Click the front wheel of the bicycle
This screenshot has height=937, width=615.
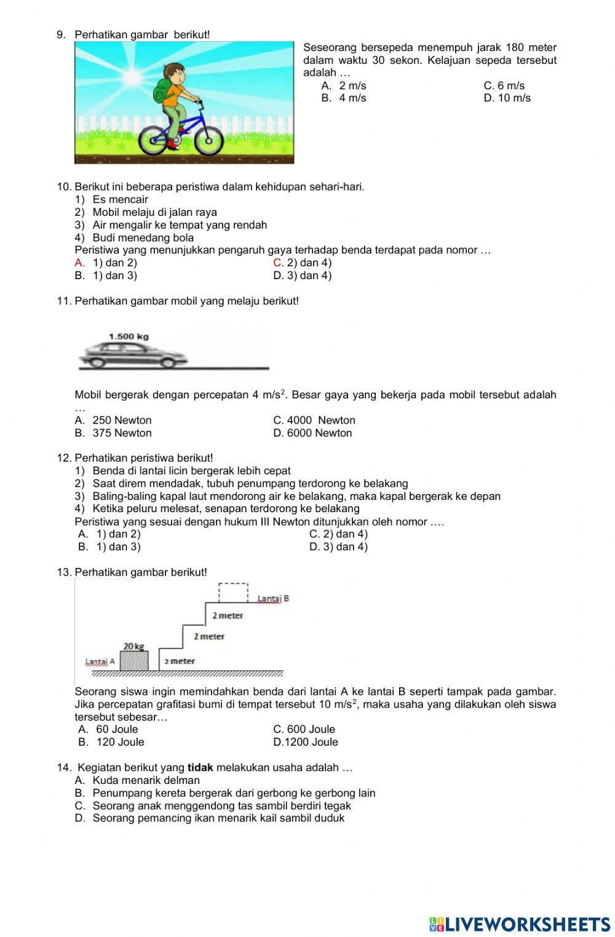[208, 141]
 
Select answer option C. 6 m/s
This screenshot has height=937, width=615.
[504, 85]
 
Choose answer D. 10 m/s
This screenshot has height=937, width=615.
[507, 98]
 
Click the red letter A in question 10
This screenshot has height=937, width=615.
[79, 263]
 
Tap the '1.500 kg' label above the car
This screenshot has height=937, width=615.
[129, 336]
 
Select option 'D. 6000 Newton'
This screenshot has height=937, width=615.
[312, 433]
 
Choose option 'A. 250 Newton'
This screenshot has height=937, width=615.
[113, 420]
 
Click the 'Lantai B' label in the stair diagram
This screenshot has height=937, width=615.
[273, 598]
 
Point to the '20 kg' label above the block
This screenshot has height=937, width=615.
[133, 646]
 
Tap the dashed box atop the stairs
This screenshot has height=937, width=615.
[234, 593]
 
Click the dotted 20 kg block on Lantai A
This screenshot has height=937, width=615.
[133, 661]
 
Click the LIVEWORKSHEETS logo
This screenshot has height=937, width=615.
[520, 923]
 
